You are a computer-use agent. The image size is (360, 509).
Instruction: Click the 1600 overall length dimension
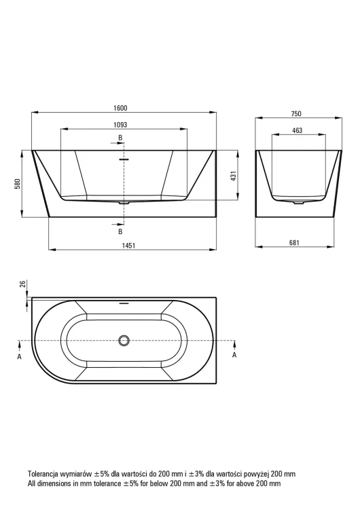click(x=120, y=108)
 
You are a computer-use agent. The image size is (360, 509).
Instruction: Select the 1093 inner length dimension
click(x=120, y=125)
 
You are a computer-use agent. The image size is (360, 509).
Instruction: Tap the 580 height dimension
click(x=18, y=184)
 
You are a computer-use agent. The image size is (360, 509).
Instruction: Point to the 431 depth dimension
click(x=234, y=176)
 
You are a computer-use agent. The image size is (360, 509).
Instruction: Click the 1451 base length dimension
click(x=129, y=246)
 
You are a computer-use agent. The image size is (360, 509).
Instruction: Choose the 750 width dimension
click(x=296, y=113)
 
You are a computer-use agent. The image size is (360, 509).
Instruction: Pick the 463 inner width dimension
click(x=298, y=130)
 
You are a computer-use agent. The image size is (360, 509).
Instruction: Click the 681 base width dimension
click(x=294, y=242)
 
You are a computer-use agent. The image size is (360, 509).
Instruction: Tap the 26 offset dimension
click(x=22, y=284)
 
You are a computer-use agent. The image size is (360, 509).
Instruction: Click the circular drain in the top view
click(x=124, y=340)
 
